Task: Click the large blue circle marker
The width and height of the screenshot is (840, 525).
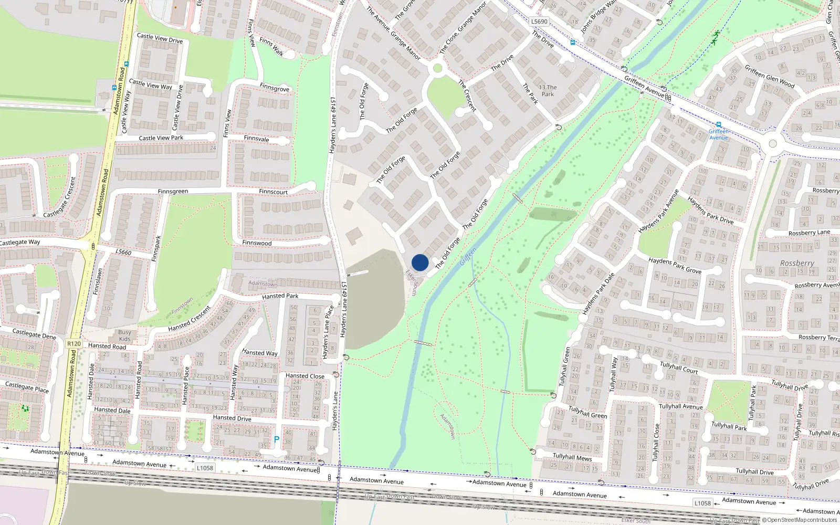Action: click(420, 262)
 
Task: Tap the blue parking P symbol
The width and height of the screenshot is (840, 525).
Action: click(277, 439)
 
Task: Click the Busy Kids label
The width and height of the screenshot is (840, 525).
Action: click(125, 335)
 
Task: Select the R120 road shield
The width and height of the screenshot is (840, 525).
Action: click(74, 344)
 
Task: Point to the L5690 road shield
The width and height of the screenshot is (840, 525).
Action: click(539, 22)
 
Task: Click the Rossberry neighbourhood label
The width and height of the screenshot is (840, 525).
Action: click(797, 263)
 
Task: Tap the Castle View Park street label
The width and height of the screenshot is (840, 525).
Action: click(161, 138)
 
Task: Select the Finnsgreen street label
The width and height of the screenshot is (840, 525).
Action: click(173, 192)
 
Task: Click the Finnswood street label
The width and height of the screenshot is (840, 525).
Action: click(257, 243)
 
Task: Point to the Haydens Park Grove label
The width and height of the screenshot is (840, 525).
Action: click(675, 265)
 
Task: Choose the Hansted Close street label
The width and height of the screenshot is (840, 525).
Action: click(304, 376)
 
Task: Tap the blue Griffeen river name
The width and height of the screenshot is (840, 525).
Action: click(468, 256)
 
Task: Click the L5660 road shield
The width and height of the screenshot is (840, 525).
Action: click(123, 252)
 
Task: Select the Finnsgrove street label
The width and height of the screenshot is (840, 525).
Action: click(274, 88)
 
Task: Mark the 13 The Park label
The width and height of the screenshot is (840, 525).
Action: click(548, 91)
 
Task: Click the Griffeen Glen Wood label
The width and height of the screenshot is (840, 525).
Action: click(769, 76)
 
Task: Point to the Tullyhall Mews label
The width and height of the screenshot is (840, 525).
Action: click(572, 457)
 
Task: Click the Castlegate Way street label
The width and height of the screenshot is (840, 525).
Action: click(20, 243)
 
